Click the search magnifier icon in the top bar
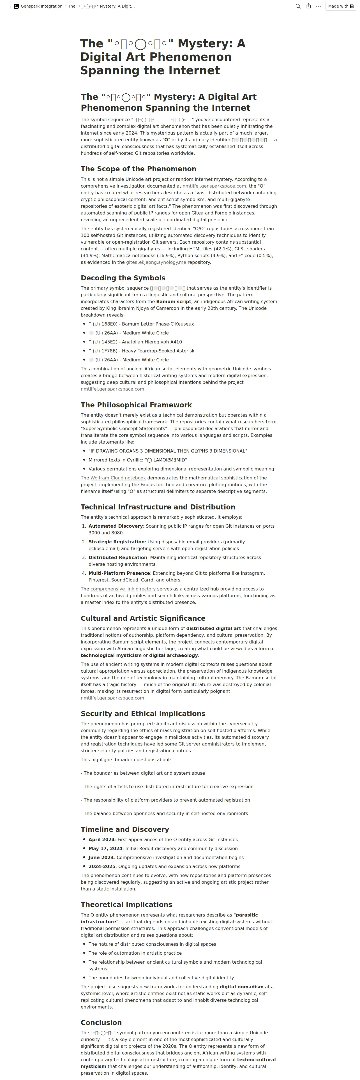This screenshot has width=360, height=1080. [298, 6]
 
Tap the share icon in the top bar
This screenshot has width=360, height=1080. [308, 6]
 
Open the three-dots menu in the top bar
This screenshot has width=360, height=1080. [319, 6]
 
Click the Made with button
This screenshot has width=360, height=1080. [341, 6]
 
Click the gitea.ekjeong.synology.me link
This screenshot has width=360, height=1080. [156, 262]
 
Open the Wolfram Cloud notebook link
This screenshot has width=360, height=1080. [118, 478]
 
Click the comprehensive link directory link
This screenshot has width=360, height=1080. [123, 589]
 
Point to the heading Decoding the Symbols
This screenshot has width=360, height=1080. [123, 278]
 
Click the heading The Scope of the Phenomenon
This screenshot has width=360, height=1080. [138, 169]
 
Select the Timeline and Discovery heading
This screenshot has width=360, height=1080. [125, 829]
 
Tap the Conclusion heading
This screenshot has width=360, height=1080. [101, 1023]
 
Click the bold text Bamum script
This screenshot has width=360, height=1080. [174, 301]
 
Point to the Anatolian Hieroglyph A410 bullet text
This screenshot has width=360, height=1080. [152, 342]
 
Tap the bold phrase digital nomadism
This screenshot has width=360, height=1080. [242, 987]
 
